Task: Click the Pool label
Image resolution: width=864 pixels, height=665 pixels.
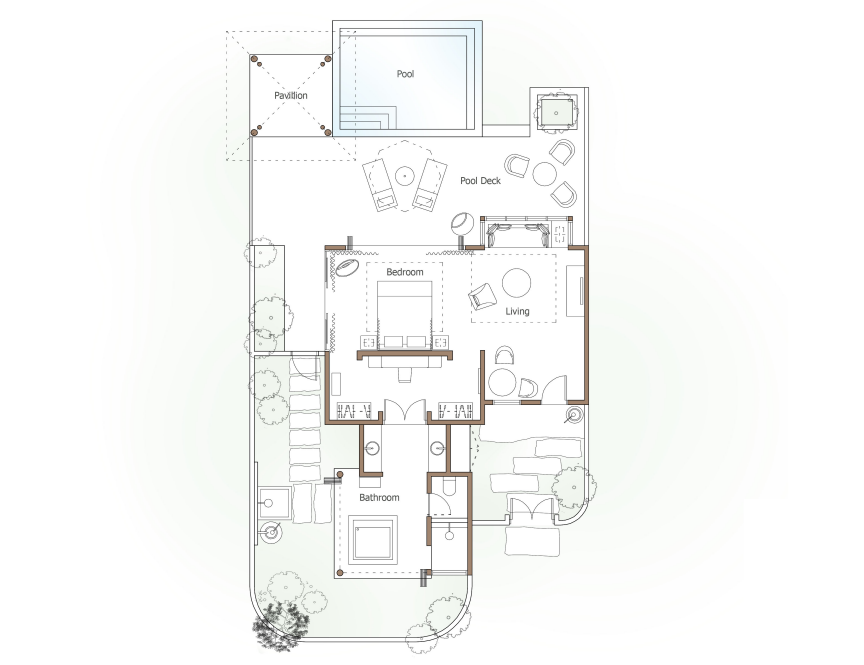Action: (x=405, y=74)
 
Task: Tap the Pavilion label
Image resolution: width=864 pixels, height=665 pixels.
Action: (x=290, y=95)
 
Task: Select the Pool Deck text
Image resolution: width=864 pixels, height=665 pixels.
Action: (x=480, y=181)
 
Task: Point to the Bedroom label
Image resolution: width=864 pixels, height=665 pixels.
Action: (x=404, y=272)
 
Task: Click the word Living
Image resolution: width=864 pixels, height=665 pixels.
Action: (x=517, y=311)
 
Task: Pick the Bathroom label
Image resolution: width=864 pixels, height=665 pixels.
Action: (x=379, y=498)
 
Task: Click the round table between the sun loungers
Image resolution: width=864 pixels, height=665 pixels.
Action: (x=404, y=176)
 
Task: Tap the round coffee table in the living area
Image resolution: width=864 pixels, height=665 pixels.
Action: (x=517, y=283)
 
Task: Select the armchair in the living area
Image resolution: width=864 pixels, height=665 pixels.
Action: (x=482, y=296)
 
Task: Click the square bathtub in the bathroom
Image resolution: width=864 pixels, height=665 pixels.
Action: (x=373, y=539)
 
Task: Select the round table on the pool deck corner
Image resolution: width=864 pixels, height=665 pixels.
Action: (x=544, y=174)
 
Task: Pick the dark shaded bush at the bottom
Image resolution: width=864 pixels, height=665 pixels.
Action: (x=280, y=625)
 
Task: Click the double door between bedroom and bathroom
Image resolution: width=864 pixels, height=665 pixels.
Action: (x=405, y=411)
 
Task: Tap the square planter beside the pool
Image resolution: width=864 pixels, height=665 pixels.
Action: (x=555, y=113)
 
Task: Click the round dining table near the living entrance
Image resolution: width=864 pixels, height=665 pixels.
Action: (x=501, y=382)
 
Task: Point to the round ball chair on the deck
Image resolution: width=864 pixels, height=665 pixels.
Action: (x=462, y=224)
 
